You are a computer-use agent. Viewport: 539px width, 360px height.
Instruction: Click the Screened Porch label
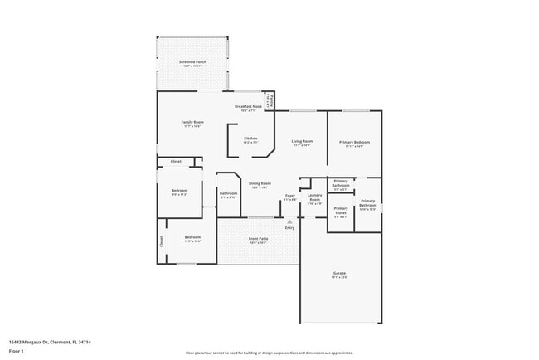click(x=192, y=62)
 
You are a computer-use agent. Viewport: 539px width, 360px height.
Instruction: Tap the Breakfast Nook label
click(x=248, y=107)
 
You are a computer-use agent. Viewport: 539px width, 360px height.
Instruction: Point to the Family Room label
click(x=192, y=123)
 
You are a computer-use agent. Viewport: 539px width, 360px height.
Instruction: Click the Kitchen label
click(x=250, y=139)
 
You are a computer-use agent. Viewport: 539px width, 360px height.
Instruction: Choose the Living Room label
click(x=301, y=142)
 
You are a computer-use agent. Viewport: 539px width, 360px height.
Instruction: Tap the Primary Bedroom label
click(x=354, y=142)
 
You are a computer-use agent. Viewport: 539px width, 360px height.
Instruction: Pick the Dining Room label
click(x=261, y=185)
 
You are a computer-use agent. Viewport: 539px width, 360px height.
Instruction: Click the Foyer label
click(x=289, y=197)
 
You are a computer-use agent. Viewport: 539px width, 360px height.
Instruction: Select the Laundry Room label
click(x=314, y=198)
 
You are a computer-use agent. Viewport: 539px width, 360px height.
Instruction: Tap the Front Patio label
click(x=258, y=239)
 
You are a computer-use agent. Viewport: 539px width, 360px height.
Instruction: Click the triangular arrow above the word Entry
click(x=289, y=222)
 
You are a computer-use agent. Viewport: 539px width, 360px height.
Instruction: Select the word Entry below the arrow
click(x=289, y=229)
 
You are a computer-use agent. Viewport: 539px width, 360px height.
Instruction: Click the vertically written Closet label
click(x=162, y=241)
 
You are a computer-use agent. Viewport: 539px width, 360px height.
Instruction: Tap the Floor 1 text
click(x=17, y=351)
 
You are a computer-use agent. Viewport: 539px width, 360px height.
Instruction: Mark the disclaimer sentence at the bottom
click(x=269, y=352)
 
